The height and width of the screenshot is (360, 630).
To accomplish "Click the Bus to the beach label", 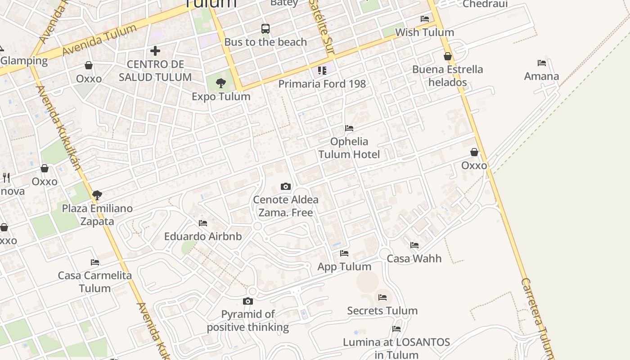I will tap(265, 42).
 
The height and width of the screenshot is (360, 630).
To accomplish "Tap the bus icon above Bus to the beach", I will tap(265, 29).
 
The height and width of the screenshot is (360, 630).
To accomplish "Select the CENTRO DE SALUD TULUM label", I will tap(155, 71).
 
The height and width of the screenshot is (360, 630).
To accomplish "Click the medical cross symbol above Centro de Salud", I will tap(155, 50).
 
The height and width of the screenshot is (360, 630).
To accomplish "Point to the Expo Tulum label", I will tap(221, 96).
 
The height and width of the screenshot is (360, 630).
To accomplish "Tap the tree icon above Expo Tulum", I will tap(220, 83).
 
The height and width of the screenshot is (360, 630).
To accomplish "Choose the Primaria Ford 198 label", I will tap(322, 84).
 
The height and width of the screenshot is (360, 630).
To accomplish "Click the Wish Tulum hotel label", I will tap(424, 32).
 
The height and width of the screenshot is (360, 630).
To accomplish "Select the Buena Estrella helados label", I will tap(448, 76).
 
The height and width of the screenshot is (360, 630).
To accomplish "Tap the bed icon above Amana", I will tap(542, 63).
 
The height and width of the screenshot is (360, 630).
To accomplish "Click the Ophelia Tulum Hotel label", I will tap(349, 148).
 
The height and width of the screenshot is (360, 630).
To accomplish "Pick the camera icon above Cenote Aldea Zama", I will tap(286, 186).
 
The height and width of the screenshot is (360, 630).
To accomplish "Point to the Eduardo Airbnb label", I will tap(203, 236).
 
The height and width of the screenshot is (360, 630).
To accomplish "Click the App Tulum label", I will tap(344, 266).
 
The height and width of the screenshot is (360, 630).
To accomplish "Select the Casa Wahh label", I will tap(414, 258).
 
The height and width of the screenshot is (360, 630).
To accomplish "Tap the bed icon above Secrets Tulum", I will tap(382, 297).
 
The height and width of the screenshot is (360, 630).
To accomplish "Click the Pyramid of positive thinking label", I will tap(248, 320).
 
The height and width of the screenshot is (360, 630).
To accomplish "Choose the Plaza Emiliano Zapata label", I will tap(97, 215).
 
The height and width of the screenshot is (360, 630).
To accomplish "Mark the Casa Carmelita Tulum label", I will tap(95, 282).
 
